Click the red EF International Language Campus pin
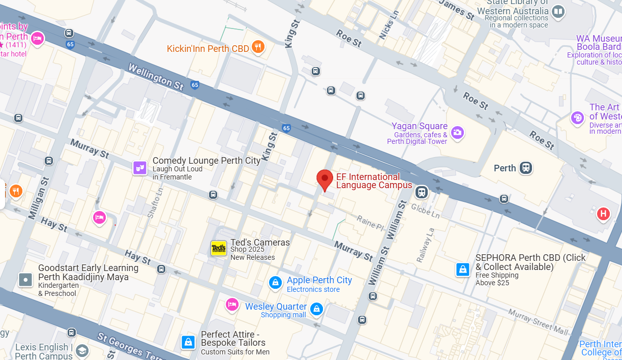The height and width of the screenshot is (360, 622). point(324,179)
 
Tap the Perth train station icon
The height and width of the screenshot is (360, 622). point(526,168)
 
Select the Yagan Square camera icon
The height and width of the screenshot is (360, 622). point(457,133)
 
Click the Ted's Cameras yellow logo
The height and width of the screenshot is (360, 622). point(219,248)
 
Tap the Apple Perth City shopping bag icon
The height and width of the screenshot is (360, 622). point(275,282)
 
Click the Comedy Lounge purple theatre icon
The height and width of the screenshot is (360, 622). point(140,168)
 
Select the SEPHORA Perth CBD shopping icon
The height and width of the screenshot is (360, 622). point(463,269)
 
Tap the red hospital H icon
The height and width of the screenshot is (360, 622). point(603,214)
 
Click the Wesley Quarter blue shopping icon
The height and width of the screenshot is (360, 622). point(316,309)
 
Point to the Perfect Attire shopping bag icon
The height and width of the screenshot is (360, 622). point(188,342)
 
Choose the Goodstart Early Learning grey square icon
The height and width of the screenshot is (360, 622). point(25,279)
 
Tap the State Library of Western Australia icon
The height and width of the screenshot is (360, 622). point(558,11)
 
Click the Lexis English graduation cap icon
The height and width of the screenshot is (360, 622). point(82,350)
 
